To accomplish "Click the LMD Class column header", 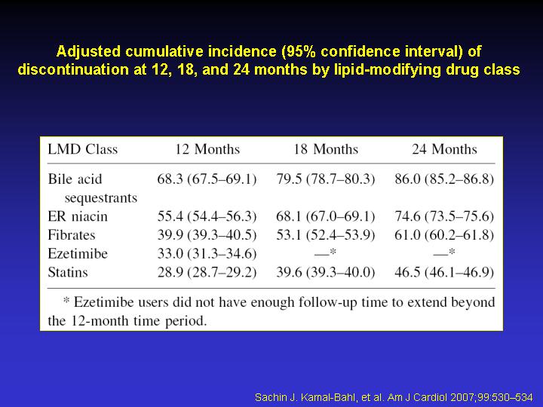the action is click(x=83, y=149).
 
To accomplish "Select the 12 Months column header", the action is click(x=207, y=149).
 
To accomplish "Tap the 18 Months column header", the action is click(x=326, y=149).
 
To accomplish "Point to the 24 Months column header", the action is click(x=444, y=149).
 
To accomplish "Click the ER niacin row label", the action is click(x=78, y=216).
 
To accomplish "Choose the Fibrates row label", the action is click(x=72, y=235).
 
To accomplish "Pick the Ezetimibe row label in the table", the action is click(x=78, y=254).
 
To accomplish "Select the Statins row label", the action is click(x=68, y=272).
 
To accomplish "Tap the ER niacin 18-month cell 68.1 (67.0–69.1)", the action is click(x=326, y=216).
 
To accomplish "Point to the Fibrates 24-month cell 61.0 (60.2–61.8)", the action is click(x=444, y=235).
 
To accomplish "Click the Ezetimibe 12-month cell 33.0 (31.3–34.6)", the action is click(x=207, y=254).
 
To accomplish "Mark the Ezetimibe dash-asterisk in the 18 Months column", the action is click(x=326, y=252).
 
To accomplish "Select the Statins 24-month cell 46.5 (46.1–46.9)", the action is click(x=444, y=272).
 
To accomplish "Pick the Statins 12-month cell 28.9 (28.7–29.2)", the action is click(x=207, y=272).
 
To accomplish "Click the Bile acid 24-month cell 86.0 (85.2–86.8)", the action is click(x=444, y=179).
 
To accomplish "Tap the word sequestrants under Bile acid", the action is click(x=101, y=198).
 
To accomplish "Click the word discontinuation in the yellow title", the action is click(x=73, y=69).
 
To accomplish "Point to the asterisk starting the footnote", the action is click(x=66, y=300).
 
